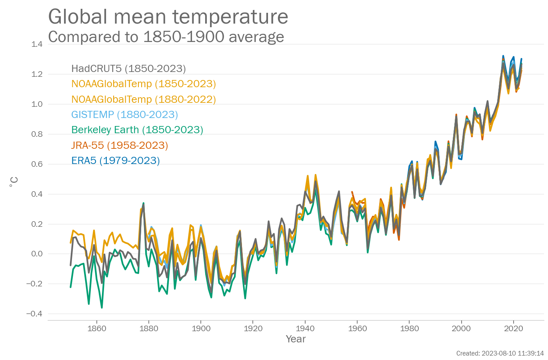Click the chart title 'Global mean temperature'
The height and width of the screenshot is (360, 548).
[x=168, y=17]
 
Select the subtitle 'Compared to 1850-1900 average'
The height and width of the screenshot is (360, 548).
[x=166, y=37]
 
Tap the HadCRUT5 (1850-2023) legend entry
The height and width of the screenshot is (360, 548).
[x=128, y=68]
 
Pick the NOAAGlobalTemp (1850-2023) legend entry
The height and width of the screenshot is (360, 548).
[x=144, y=84]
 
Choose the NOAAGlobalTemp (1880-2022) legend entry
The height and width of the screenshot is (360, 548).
[x=144, y=99]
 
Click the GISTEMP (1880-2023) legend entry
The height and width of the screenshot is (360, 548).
[x=124, y=115]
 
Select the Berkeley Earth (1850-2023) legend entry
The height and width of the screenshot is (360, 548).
[x=137, y=130]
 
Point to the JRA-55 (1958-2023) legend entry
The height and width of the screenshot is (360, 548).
[x=120, y=145]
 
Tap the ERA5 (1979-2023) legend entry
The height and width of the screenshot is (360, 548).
[x=116, y=161]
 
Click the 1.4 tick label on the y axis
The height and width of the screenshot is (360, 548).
[x=37, y=44]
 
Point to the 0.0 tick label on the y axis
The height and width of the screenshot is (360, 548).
[x=37, y=254]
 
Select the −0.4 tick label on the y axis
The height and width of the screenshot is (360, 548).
[x=34, y=314]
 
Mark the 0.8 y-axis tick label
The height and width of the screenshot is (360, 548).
[x=37, y=134]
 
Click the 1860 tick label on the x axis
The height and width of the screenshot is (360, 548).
[x=97, y=328]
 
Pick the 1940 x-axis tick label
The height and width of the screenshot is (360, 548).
[x=305, y=328]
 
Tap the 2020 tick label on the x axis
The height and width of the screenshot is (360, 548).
[x=514, y=328]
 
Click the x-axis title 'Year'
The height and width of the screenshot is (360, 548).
[x=296, y=339]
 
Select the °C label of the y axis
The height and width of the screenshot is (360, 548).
[x=14, y=182]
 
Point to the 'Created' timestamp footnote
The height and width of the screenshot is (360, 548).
[x=500, y=354]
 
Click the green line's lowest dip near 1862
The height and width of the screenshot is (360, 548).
[x=102, y=308]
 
